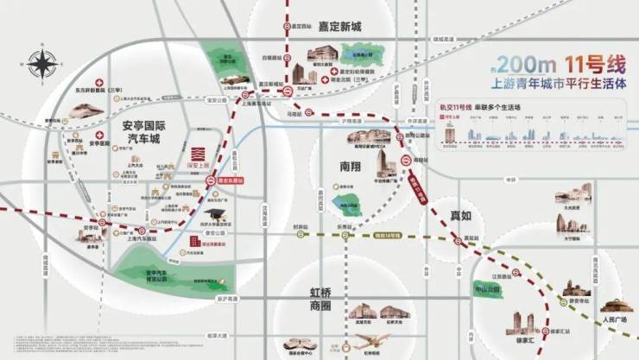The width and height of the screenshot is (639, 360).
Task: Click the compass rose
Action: coord(41,62)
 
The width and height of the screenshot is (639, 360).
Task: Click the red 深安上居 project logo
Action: coord(194,155)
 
